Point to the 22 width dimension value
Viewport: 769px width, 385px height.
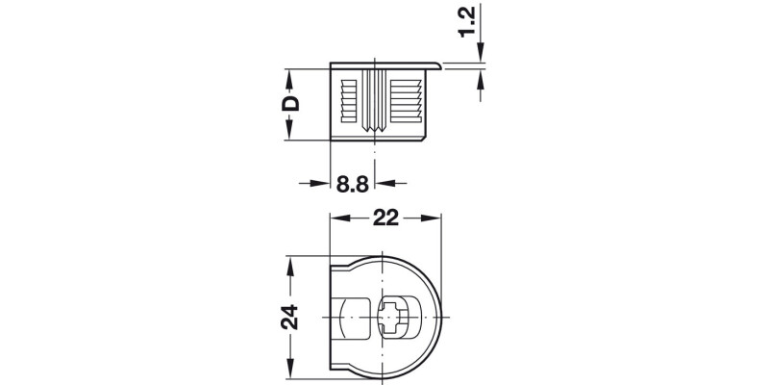(x=386, y=219)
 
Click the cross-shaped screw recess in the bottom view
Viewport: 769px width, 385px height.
(x=395, y=317)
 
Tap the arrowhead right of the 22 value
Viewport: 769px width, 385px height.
(x=434, y=219)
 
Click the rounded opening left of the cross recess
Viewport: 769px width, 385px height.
(x=357, y=317)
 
